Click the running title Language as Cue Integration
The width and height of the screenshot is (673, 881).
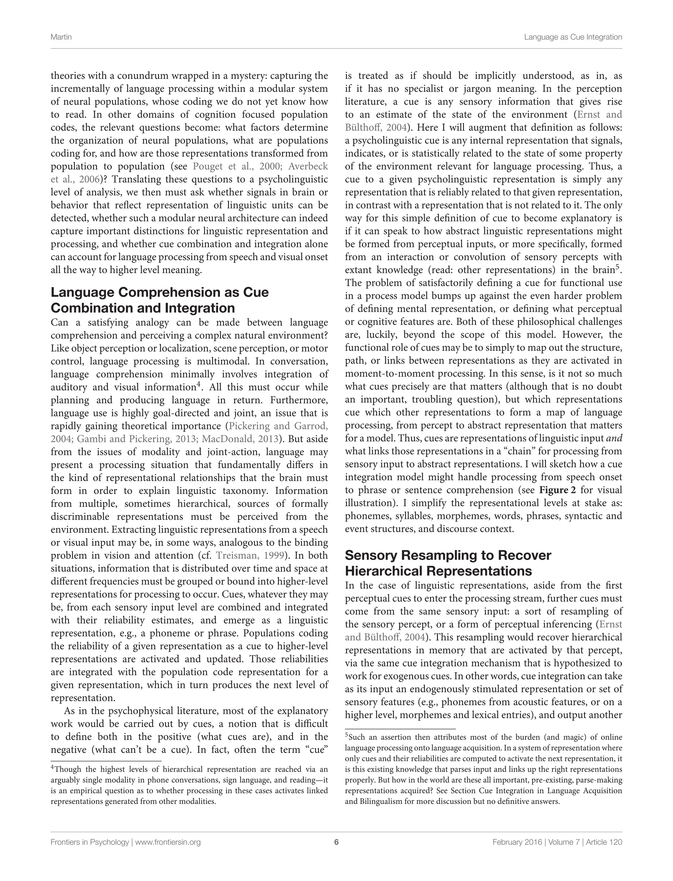coord(573,37)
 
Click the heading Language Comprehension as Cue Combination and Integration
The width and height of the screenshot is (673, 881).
coord(159,300)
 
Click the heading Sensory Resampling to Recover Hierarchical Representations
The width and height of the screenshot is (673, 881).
coord(448,563)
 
